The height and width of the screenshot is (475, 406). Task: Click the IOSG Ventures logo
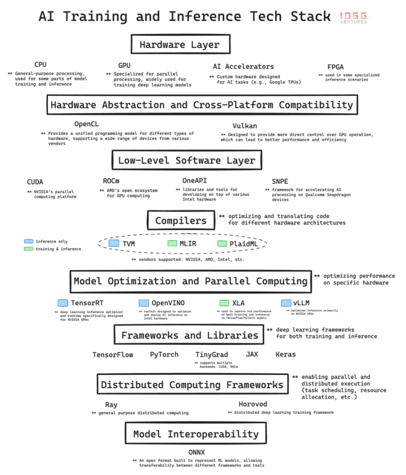coord(353,17)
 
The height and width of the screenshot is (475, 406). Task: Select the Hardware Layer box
coord(179,45)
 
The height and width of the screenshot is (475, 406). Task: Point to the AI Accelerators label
coord(243,67)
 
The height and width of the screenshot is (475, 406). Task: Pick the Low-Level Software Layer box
coord(187,160)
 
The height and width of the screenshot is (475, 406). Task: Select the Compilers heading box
coord(180,220)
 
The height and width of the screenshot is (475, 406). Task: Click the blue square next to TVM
coord(114,244)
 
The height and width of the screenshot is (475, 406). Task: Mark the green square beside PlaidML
coord(222,244)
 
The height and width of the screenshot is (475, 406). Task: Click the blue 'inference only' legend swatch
coord(28,241)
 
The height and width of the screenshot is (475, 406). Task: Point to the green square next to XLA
coord(224,303)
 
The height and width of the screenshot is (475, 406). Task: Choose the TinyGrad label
coord(211,354)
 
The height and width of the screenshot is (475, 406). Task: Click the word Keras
coord(285,354)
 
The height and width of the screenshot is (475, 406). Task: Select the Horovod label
coord(253,404)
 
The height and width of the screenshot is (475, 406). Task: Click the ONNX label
coord(196,452)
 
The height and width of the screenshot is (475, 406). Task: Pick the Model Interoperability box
coord(195,434)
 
